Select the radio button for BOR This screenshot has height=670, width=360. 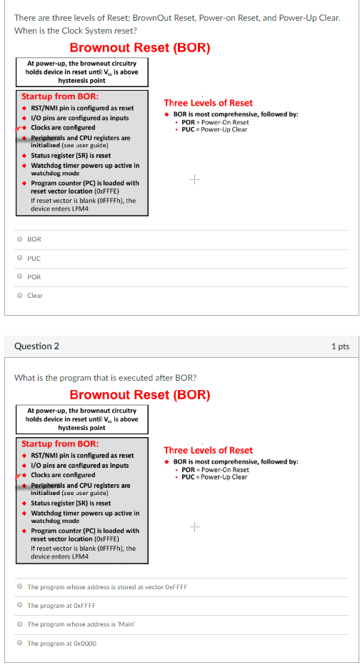click(19, 239)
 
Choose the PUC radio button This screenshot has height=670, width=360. click(19, 258)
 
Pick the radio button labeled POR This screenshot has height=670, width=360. click(19, 276)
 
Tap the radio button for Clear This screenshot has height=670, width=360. click(19, 295)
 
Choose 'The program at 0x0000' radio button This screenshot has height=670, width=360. click(19, 643)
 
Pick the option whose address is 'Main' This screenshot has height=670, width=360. click(19, 624)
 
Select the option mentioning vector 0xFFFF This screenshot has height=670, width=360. click(19, 587)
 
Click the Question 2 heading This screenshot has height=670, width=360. click(36, 346)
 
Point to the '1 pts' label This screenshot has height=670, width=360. click(341, 346)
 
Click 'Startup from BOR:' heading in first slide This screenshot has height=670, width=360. click(60, 96)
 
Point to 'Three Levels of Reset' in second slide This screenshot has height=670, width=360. click(208, 450)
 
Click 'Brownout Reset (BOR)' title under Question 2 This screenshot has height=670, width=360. click(140, 395)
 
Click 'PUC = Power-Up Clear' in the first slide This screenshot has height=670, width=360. click(214, 129)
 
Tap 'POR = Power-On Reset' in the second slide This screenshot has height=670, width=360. click(215, 469)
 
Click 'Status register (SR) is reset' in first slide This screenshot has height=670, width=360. click(71, 155)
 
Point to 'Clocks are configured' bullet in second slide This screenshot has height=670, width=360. click(63, 475)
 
